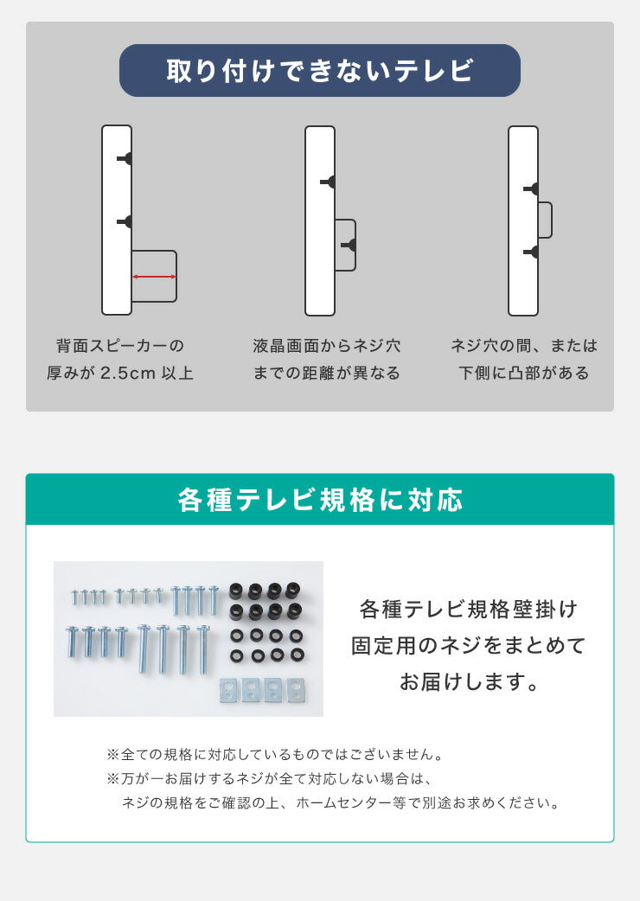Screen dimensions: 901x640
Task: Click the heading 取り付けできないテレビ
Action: point(320,71)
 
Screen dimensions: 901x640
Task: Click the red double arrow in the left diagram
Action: point(155,277)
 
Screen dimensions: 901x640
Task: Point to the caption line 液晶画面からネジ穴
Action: point(327,346)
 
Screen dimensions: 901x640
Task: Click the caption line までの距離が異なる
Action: point(327,374)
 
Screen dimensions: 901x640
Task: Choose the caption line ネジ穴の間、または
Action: point(524,346)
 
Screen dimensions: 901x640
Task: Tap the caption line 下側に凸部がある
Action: point(524,374)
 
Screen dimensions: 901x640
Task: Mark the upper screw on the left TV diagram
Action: point(126,158)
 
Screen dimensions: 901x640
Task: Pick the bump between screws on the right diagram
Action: point(545,220)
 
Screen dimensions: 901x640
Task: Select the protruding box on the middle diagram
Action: point(345,246)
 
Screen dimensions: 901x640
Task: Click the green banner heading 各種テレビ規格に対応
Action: point(320,500)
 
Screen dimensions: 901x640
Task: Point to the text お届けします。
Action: point(469,682)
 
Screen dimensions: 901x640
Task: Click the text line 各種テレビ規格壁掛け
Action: point(469,609)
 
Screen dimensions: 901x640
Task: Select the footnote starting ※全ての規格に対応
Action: point(275,755)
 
